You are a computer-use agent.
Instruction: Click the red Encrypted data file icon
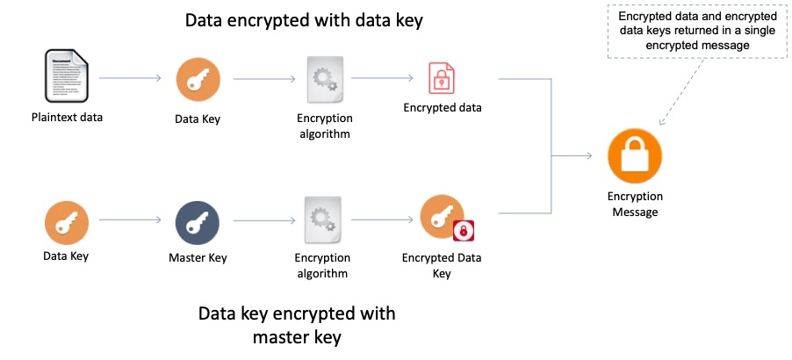click(442, 78)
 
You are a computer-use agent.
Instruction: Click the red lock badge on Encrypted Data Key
click(463, 231)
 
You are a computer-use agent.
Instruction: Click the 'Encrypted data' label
click(443, 108)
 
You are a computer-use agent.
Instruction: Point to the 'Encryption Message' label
click(634, 204)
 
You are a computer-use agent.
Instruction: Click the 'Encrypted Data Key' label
click(441, 265)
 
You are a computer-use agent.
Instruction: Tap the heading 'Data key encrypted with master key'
click(297, 324)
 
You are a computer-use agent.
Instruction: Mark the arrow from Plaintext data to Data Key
click(130, 78)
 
